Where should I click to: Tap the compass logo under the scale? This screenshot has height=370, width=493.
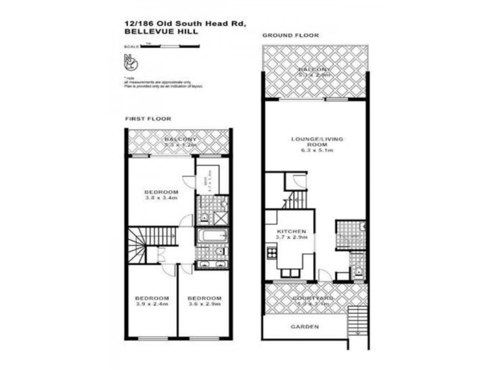[x=131, y=62]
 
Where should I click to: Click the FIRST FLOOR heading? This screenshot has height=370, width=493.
[x=148, y=118]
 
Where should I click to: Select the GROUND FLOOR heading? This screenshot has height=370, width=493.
[x=290, y=36]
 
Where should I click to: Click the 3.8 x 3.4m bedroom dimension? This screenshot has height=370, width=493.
[x=161, y=197]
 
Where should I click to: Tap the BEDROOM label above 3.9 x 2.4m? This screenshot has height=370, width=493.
[x=152, y=297]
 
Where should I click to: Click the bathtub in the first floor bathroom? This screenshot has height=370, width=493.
[x=211, y=236]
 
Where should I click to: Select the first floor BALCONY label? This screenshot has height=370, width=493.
[x=180, y=139]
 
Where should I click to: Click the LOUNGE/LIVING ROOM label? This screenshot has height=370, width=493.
[x=317, y=143]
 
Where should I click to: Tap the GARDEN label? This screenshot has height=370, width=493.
[x=305, y=326]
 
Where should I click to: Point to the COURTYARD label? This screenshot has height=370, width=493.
[x=316, y=299]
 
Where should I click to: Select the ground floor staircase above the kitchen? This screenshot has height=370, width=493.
[x=298, y=199]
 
